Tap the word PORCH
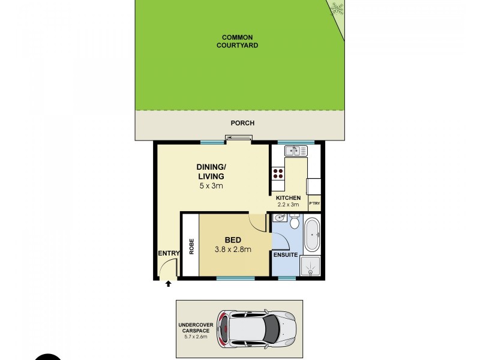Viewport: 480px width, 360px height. pos(242,123)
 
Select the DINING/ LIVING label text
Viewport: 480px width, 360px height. pos(211,172)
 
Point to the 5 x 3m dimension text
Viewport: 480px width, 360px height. pos(211,186)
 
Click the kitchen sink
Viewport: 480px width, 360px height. pos(293,151)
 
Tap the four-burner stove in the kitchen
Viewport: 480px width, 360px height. pos(278,173)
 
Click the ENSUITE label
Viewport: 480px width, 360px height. pos(286,254)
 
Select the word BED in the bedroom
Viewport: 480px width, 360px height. pos(233,240)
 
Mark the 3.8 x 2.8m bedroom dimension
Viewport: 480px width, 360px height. pos(233,250)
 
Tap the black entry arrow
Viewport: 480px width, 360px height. pos(169,284)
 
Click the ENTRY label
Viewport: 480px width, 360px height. pos(169,254)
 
